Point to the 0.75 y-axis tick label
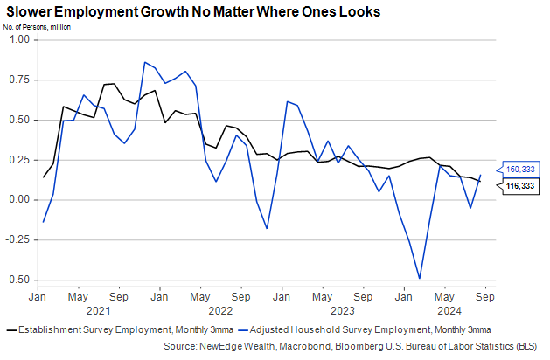point(17,80)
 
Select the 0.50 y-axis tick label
point(17,120)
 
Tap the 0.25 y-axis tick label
point(17,159)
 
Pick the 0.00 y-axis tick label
point(17,199)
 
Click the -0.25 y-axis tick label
point(16,239)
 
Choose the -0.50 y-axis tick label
point(16,280)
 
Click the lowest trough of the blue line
point(420,279)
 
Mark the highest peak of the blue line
point(144,62)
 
